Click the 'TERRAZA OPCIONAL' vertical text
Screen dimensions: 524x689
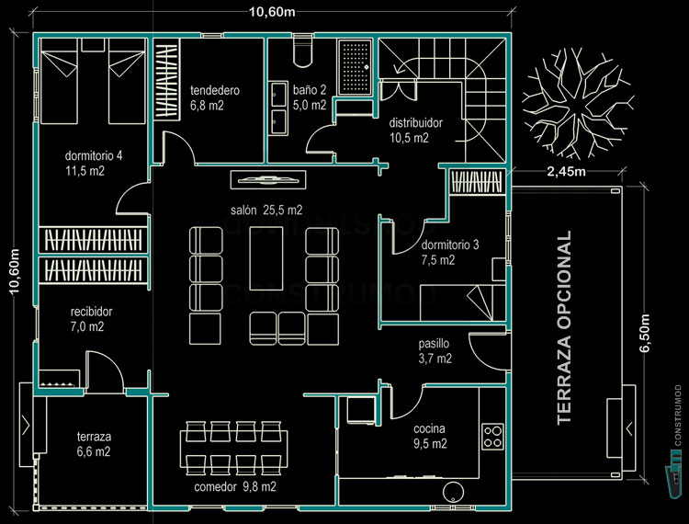pos(565,327)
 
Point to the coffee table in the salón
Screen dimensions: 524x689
pos(265,268)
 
